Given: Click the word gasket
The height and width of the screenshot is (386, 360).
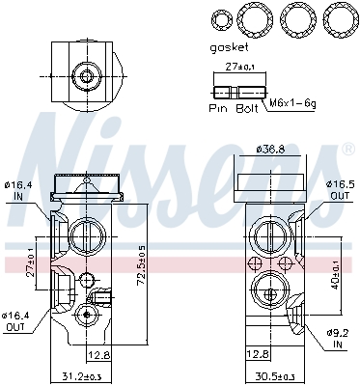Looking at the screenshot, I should (x=230, y=45).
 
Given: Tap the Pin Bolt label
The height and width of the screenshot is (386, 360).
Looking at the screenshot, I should (x=233, y=109).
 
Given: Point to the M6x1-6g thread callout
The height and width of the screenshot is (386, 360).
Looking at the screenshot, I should (x=292, y=102).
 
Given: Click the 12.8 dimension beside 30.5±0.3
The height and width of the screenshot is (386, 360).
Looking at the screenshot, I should (x=256, y=354).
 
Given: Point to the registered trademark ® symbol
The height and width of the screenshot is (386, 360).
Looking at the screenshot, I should (x=346, y=150).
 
